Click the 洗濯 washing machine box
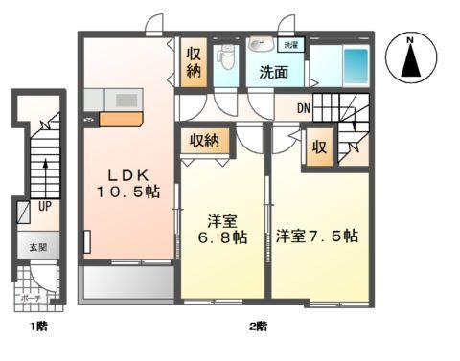288,45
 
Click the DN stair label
302,107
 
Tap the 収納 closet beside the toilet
192,59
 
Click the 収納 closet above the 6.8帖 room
204,141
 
